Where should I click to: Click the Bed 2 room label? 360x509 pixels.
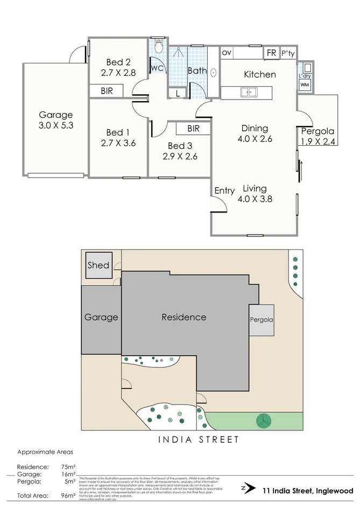pos(118,61)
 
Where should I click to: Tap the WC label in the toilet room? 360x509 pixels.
pos(157,68)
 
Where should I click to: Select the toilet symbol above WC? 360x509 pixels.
pos(159,47)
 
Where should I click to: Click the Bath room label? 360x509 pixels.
pos(196,70)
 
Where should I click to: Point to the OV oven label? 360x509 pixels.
pos(227,53)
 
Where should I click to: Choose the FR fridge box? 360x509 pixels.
pos(271,53)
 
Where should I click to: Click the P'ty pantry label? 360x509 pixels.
pos(288,53)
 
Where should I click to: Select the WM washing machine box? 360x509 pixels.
pos(305,85)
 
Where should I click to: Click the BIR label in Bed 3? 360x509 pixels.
pos(193,129)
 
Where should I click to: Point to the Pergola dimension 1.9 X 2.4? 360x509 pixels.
pos(317,142)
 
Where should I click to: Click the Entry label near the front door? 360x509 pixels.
pos(224,190)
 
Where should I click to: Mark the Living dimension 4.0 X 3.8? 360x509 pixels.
pos(255,199)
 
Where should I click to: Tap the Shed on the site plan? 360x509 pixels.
pos(99,265)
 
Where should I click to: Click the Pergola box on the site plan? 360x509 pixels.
pos(261,320)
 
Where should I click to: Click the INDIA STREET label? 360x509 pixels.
pos(199,440)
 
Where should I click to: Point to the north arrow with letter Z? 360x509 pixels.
pos(247,489)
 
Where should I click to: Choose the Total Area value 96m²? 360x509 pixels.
pos(68,496)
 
